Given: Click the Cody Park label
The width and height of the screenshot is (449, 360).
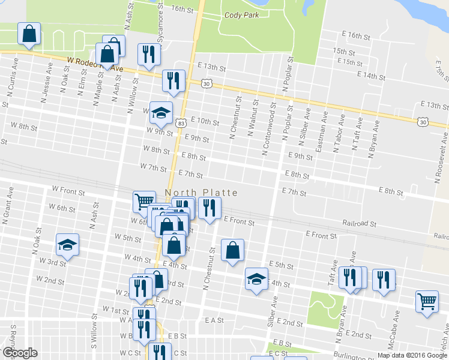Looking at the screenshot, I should point(241,15).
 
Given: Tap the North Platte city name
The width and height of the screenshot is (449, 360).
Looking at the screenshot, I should point(201,193).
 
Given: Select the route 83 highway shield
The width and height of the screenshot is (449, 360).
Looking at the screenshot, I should point(181,122).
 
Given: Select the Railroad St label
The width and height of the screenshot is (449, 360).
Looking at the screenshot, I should point(359,223).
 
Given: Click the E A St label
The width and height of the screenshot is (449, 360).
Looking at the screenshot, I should point(214,321).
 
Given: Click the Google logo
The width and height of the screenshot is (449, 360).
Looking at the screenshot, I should point(19,353).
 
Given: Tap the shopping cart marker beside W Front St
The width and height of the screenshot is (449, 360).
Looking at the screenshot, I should point(143,201).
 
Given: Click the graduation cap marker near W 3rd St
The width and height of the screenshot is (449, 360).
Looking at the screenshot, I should point(67,244).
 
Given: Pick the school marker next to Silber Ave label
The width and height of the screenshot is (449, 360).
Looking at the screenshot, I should point(256,278).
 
